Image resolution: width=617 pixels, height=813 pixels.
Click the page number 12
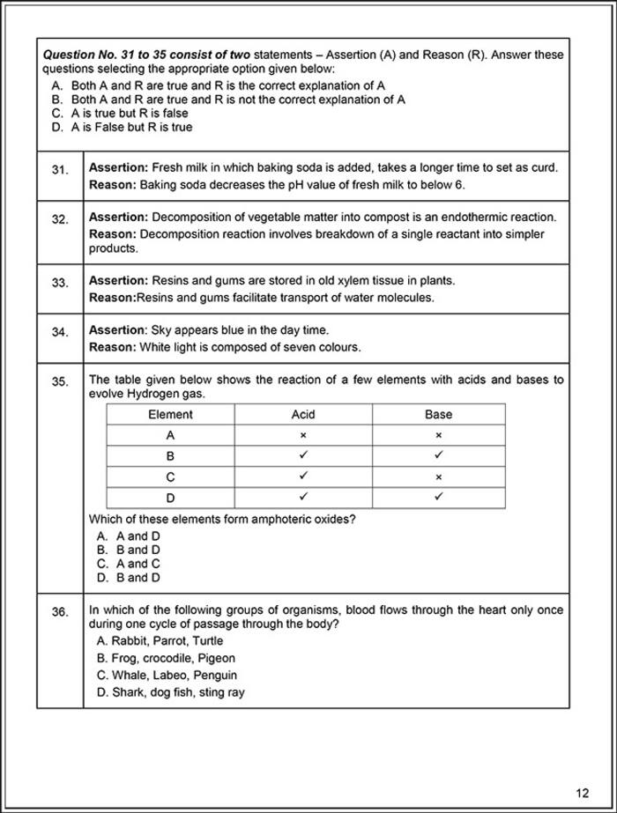pos(583,791)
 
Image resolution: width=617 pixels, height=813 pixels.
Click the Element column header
pos(170,414)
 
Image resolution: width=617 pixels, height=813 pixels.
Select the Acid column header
pos(303,414)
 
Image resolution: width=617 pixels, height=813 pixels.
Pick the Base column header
pos(438,414)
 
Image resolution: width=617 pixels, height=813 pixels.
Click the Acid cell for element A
pos(303,435)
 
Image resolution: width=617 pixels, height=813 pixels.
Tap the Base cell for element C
pos(438,477)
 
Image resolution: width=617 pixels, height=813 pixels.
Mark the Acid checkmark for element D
pos(303,498)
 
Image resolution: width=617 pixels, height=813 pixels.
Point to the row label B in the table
pos(170,456)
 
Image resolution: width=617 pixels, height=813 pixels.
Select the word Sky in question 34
pos(163,330)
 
